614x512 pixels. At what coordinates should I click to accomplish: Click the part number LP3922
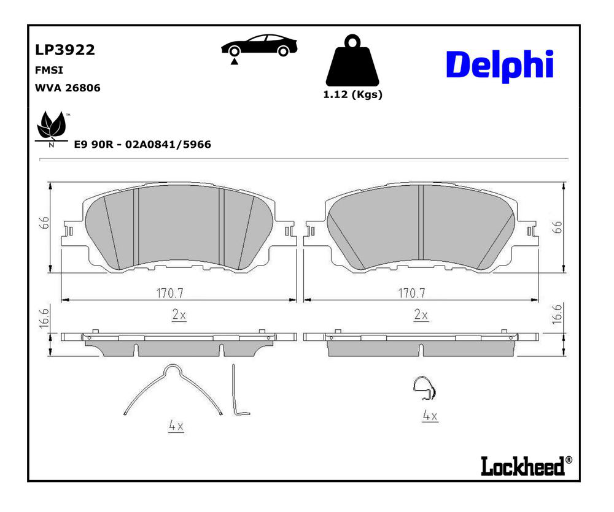coord(65,50)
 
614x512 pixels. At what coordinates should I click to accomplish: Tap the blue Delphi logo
coord(500,66)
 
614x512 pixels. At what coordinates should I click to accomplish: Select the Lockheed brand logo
coord(526,465)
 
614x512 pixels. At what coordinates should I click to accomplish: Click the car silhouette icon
coord(259,45)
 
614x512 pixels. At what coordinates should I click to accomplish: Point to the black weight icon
coord(352,60)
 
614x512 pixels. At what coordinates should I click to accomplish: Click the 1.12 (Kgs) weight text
coord(352,94)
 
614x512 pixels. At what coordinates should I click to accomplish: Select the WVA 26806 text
coord(68,88)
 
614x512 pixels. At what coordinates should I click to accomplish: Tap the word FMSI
coord(49,70)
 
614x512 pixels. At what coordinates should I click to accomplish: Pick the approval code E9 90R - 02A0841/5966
coord(142,144)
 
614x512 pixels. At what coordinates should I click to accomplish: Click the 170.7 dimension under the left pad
coord(170,293)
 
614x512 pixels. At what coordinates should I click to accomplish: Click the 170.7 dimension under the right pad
coord(411,293)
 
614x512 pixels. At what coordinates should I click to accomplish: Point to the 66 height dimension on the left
coord(45,223)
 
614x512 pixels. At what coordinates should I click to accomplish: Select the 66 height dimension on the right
coord(557,227)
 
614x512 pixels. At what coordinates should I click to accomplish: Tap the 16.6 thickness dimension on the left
coord(45,318)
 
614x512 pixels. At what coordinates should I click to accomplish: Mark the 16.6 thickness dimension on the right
coord(557,314)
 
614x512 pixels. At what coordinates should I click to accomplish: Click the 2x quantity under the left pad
coord(179,315)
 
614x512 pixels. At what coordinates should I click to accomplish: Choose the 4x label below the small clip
coord(430,415)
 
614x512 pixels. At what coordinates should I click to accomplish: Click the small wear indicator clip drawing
coord(424,388)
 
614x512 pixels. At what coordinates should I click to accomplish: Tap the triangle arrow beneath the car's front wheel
coord(234,61)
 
